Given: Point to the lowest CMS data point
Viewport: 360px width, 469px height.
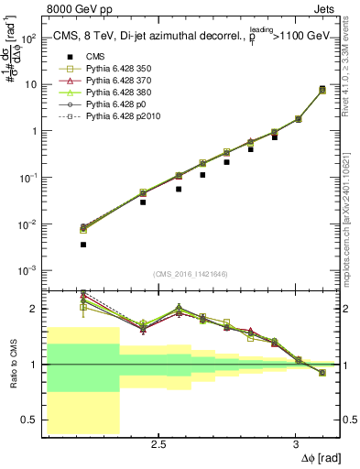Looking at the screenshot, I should (x=83, y=245).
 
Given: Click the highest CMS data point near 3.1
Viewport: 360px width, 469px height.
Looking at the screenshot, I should (x=322, y=89).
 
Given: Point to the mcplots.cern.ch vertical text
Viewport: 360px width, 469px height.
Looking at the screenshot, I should (x=350, y=229).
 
